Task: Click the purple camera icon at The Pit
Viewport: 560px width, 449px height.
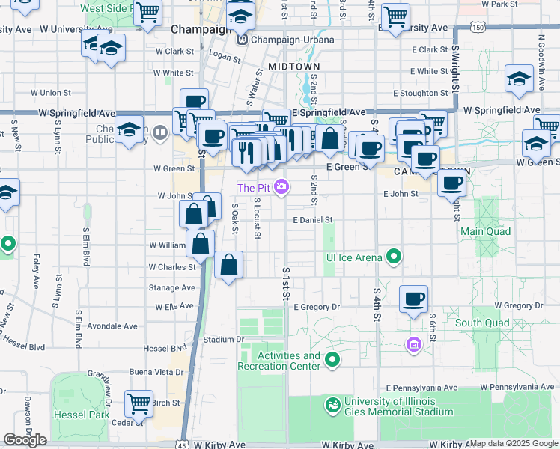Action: [x=281, y=187]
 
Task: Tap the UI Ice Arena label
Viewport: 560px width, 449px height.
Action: [x=353, y=257]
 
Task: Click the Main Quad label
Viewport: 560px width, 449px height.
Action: [x=485, y=231]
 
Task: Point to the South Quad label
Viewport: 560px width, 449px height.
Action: [x=482, y=323]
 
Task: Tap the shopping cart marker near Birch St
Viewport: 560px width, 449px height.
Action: [x=139, y=404]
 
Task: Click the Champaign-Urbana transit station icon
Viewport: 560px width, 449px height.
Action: [x=243, y=39]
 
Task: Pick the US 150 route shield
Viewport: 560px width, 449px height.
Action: [x=477, y=28]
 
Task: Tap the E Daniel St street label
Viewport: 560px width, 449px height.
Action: [x=312, y=221]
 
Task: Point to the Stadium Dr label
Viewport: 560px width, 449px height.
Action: [x=224, y=340]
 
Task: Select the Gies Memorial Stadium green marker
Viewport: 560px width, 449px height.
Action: [x=332, y=406]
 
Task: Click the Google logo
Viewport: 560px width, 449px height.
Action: [x=25, y=440]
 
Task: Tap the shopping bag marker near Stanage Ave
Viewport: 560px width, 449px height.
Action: [x=229, y=266]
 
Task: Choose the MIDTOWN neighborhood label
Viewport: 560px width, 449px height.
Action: [x=289, y=67]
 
